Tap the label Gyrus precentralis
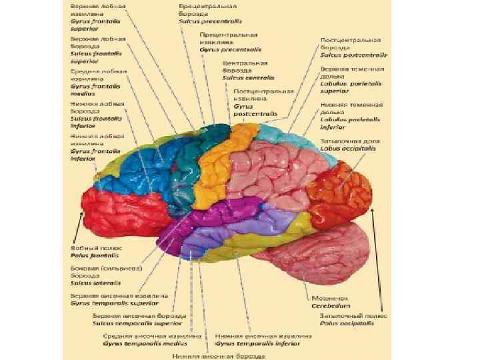coord(230,49)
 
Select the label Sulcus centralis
coord(245,77)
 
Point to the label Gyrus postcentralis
coord(255,114)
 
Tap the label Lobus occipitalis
coord(347,149)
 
